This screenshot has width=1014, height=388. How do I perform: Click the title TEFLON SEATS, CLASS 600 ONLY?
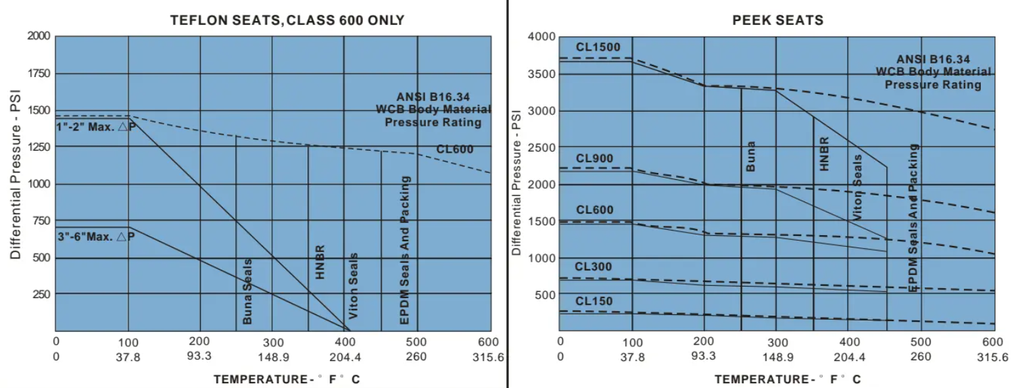click(287, 20)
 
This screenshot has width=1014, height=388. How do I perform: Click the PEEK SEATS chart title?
click(778, 20)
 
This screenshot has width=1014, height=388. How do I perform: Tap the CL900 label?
click(594, 159)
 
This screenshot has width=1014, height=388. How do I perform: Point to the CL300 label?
click(594, 267)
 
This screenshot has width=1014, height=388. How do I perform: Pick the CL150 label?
click(594, 300)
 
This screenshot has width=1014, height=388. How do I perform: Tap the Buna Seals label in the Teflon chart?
click(247, 291)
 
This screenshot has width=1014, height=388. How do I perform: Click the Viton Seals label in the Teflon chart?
click(354, 286)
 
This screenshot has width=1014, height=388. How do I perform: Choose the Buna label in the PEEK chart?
click(751, 155)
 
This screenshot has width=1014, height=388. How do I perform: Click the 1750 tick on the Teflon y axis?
click(38, 73)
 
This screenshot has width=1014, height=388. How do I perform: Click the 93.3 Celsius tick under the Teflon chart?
click(199, 357)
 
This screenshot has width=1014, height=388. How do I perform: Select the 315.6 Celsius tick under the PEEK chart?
click(993, 357)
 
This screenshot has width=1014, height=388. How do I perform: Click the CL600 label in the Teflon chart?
click(454, 149)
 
